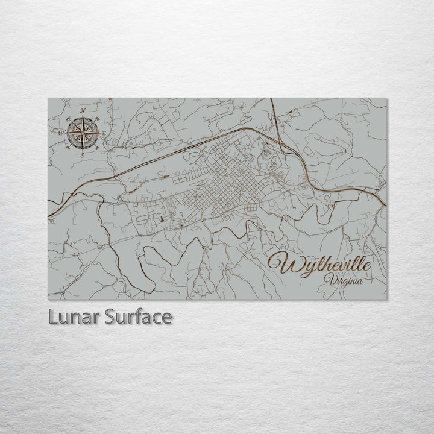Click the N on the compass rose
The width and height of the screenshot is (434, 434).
[x=83, y=110]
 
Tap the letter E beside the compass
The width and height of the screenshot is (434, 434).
[x=104, y=133]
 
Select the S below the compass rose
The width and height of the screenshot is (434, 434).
[x=82, y=155]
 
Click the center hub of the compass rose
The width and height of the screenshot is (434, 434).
[x=83, y=133]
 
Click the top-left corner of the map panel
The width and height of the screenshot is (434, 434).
[x=48, y=98]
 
